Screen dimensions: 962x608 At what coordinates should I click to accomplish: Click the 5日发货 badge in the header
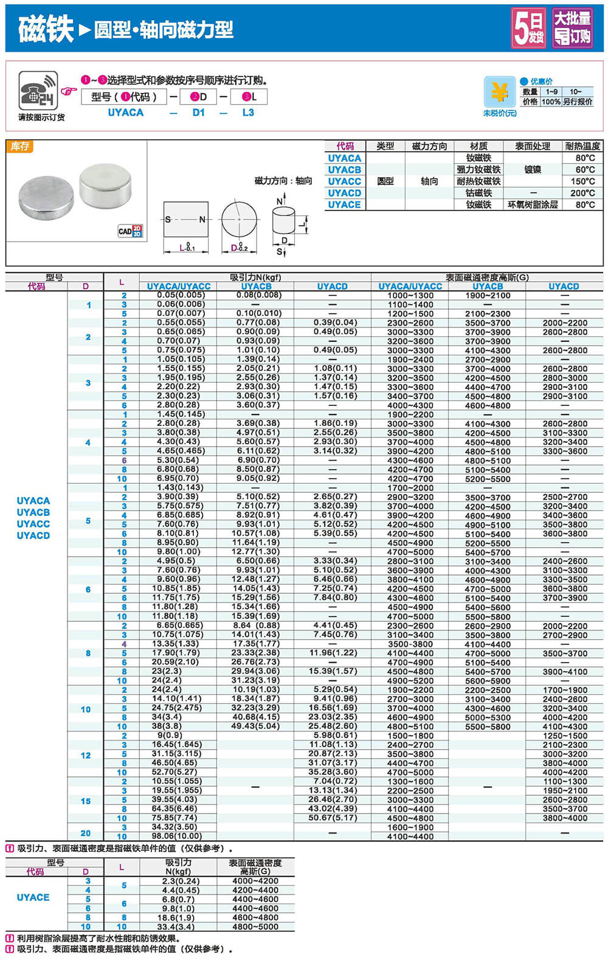click(x=528, y=28)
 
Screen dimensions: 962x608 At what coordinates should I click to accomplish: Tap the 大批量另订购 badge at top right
click(x=572, y=28)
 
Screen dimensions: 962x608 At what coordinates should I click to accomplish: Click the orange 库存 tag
click(x=20, y=146)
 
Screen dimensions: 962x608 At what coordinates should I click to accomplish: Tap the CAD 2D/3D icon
click(x=130, y=231)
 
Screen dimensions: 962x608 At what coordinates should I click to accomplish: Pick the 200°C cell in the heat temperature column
click(x=582, y=193)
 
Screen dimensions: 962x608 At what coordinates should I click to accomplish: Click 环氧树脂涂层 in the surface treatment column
click(x=533, y=204)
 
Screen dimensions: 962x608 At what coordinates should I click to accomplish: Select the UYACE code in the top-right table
click(x=344, y=204)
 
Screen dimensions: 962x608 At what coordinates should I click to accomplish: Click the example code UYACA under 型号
click(x=125, y=113)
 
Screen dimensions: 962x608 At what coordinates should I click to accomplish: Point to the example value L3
click(x=248, y=113)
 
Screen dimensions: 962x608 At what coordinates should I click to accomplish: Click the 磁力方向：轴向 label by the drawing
click(x=283, y=181)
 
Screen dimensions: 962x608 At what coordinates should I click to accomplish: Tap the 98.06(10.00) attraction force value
click(x=177, y=836)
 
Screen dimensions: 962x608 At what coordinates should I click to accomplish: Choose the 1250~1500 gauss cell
click(x=565, y=736)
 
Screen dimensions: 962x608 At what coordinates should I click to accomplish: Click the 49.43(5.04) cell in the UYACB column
click(x=255, y=726)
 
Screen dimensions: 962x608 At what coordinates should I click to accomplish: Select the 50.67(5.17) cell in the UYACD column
click(x=333, y=818)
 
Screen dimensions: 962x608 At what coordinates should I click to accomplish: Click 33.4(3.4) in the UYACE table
click(x=178, y=927)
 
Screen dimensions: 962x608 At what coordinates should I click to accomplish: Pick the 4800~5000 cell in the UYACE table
click(x=255, y=927)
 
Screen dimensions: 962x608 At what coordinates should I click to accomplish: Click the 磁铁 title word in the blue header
click(x=46, y=29)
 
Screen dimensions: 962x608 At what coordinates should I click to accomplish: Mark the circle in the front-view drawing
click(x=239, y=220)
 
